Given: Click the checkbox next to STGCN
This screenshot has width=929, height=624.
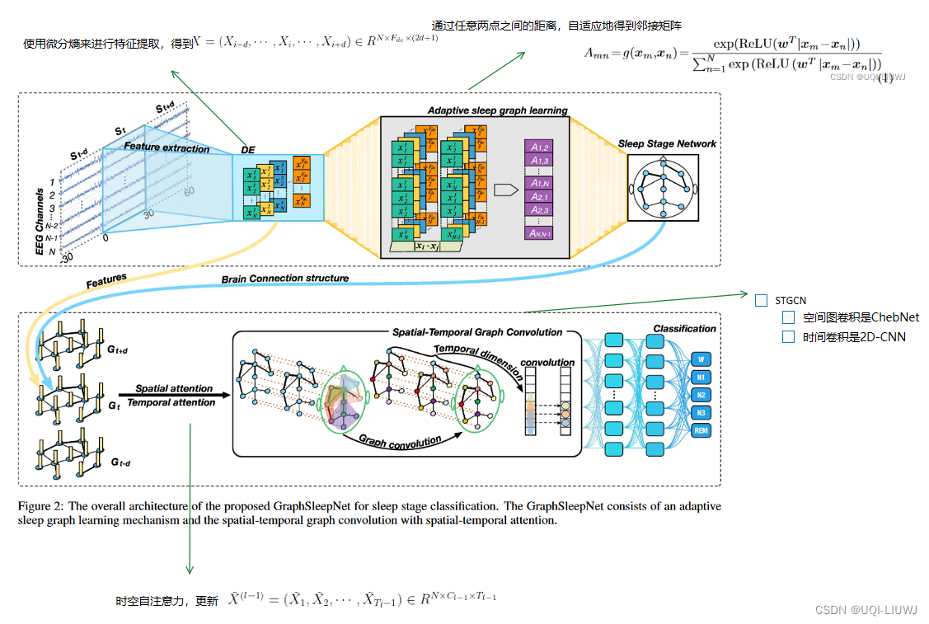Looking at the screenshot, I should click(x=761, y=300).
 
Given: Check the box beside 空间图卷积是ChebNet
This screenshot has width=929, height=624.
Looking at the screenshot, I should click(x=789, y=317).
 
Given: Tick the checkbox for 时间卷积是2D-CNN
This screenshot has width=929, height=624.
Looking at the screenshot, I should click(x=789, y=336).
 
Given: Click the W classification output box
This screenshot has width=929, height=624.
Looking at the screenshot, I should click(x=701, y=359).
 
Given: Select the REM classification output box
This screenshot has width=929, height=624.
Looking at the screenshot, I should click(x=701, y=430).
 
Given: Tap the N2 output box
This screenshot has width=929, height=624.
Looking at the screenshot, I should click(x=701, y=395).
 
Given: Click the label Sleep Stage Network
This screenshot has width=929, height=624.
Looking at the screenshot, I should click(x=667, y=143).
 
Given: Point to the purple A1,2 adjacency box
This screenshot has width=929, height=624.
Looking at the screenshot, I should click(x=540, y=146).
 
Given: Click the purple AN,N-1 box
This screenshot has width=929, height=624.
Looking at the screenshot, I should click(x=540, y=233).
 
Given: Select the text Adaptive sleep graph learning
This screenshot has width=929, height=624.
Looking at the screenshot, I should click(x=497, y=110).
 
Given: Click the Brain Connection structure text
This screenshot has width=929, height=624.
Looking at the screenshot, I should click(x=284, y=279).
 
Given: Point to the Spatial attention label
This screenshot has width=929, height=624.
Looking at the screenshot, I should click(x=174, y=388).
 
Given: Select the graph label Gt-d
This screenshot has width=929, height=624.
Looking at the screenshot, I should click(x=120, y=462).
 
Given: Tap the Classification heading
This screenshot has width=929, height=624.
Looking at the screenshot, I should click(x=684, y=328).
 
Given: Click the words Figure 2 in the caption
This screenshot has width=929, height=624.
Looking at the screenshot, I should click(x=40, y=506).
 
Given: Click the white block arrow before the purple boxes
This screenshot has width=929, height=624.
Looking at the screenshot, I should click(x=505, y=189).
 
